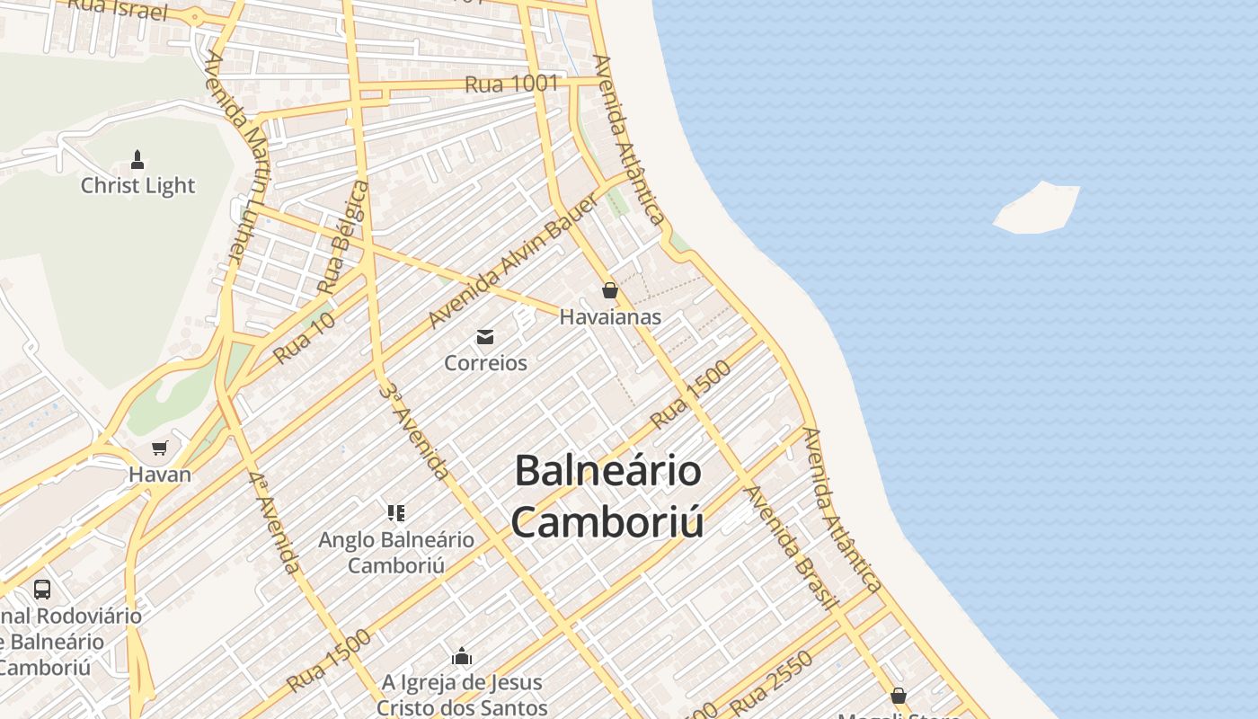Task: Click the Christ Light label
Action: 137,186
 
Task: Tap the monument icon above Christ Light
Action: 137,160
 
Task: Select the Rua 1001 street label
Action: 511,84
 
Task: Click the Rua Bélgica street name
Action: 344,236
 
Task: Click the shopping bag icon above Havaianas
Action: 610,290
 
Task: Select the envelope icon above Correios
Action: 485,337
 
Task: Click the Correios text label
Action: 485,363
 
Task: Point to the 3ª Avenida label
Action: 413,431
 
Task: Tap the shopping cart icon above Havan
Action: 160,448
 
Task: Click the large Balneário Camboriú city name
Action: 607,497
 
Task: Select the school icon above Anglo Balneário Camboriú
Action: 396,513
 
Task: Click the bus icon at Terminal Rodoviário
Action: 42,590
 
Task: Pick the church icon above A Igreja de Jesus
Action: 462,656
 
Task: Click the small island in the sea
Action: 1037,209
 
